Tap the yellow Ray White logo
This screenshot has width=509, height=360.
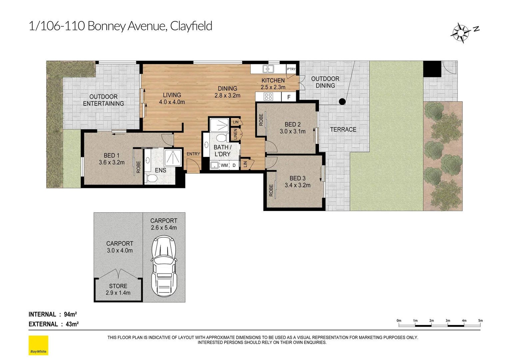38,345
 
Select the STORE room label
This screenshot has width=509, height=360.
118,286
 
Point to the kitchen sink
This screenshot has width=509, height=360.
268,69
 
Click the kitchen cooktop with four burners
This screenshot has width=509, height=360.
268,97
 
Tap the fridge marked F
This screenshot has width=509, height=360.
289,97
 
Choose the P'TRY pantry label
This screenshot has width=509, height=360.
291,69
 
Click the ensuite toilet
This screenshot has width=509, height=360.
152,178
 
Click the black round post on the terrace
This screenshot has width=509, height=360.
342,102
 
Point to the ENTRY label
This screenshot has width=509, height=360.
193,154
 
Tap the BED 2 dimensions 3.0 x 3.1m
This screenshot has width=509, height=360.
292,131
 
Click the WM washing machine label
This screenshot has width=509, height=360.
224,165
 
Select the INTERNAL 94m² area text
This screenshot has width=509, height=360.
53,314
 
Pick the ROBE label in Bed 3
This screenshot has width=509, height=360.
271,190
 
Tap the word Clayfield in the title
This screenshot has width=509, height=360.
191,26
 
